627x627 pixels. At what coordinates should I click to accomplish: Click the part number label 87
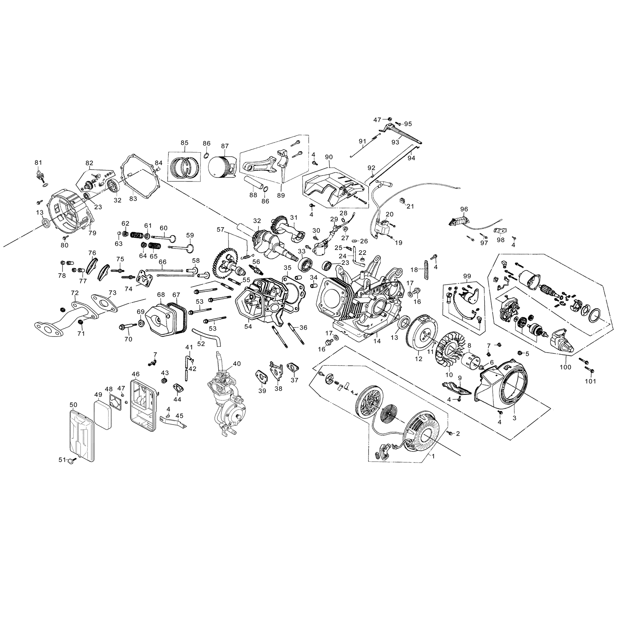pyautogui.click(x=225, y=146)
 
